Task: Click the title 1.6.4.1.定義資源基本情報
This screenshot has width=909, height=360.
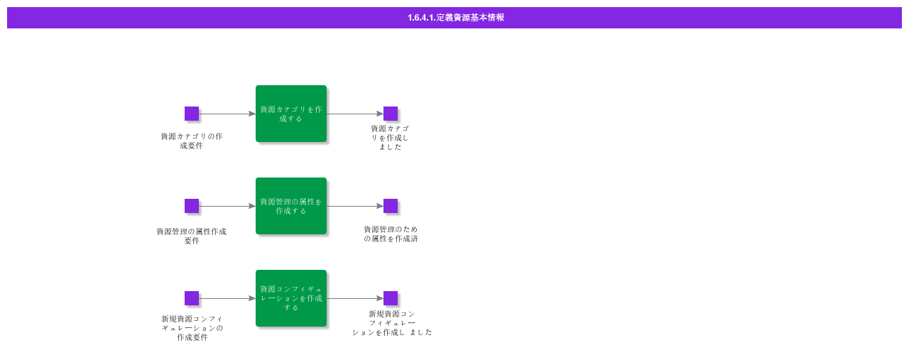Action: point(455,18)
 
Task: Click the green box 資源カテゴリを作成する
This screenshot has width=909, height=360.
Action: point(291,114)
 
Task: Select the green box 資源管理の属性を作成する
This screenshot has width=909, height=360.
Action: point(291,206)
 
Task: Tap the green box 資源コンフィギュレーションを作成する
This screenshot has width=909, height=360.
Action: point(291,298)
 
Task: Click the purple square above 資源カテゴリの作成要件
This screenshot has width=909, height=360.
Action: point(192,114)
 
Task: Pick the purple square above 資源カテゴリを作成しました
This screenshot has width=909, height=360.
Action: point(391,114)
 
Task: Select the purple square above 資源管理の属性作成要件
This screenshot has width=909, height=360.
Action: point(192,206)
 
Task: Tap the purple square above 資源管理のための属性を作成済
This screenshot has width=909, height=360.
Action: point(391,206)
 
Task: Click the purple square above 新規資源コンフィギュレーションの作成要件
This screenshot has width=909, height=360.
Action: point(192,298)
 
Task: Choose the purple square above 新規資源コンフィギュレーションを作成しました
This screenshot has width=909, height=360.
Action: point(391,298)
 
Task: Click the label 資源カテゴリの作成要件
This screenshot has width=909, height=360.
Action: point(192,141)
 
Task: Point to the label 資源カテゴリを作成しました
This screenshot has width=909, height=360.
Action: point(390,138)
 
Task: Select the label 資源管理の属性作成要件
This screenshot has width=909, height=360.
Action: point(192,236)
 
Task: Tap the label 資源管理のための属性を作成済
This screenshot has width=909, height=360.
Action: point(391,234)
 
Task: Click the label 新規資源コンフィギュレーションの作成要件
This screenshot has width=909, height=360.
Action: point(192,328)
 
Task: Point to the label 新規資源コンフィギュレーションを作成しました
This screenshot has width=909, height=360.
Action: point(392,322)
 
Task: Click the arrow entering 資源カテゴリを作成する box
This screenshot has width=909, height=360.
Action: point(227,114)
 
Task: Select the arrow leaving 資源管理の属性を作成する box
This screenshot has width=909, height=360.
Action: point(355,206)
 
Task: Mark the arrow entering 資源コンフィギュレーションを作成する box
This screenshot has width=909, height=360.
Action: point(227,298)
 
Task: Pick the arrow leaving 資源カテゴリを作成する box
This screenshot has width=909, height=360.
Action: point(355,114)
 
